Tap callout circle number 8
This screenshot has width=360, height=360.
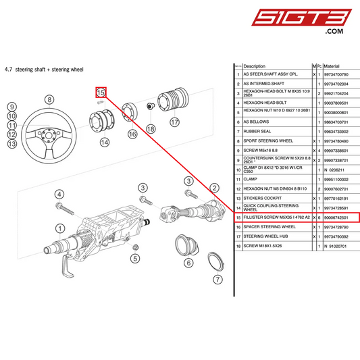49,99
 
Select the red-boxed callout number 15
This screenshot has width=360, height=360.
100,92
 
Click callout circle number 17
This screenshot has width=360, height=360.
175,122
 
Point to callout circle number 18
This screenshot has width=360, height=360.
151,128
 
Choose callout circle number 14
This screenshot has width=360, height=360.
103,143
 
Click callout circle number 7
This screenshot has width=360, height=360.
217,280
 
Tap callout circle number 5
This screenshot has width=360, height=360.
135,258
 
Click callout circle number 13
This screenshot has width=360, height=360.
11,143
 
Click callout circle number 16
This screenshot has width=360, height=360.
132,134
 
